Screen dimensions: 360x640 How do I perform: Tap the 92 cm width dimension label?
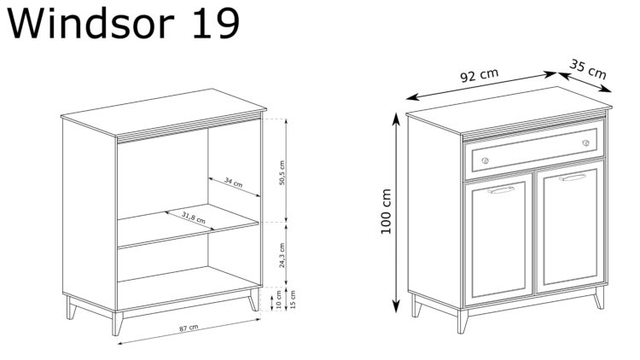479,75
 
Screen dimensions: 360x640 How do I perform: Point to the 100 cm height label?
386,212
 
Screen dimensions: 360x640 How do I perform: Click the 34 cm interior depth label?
233,183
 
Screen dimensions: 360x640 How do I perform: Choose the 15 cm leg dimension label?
293,300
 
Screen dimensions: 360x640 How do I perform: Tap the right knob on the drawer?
585,142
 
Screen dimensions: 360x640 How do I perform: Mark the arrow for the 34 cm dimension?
234,188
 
